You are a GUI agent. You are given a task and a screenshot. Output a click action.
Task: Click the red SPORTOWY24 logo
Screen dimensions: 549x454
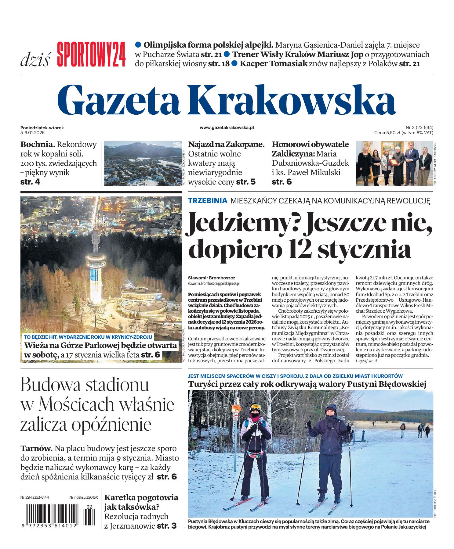pos(91,55)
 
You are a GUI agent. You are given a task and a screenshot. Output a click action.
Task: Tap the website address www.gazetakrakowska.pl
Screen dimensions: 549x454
pos(227,128)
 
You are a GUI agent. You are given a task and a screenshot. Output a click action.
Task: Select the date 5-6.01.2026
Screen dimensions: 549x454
pos(33,133)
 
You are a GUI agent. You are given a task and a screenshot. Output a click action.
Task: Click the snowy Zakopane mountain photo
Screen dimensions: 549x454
pos(143,163)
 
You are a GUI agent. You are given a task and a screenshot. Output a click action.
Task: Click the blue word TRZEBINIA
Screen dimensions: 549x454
pos(208,201)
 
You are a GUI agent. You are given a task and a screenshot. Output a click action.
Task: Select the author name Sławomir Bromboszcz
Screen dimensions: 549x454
pos(207,278)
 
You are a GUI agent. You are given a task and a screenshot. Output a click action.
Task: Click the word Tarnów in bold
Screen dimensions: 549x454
pos(37,449)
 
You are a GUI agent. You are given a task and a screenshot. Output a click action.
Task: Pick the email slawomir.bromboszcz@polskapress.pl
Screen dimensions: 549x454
pos(214,283)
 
